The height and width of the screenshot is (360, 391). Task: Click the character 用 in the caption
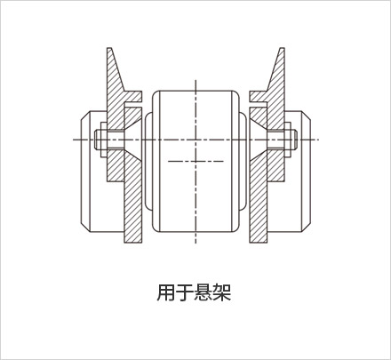(x=166, y=292)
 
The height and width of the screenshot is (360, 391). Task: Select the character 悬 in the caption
(x=203, y=292)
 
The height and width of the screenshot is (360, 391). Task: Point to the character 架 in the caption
(x=222, y=292)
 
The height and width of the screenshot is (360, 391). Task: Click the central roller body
(x=195, y=161)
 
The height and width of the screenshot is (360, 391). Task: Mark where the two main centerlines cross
(x=195, y=140)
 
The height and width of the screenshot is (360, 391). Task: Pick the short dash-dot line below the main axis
(x=195, y=161)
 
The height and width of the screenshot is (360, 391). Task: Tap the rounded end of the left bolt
(x=96, y=140)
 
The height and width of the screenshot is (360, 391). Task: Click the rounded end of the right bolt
(x=295, y=140)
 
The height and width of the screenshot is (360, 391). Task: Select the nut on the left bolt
(x=104, y=140)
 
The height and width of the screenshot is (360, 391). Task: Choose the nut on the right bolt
(x=288, y=140)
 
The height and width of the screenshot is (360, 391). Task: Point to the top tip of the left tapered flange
(x=109, y=48)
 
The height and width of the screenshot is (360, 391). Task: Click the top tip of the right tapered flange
(x=282, y=48)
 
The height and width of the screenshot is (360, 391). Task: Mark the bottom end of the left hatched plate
(x=133, y=243)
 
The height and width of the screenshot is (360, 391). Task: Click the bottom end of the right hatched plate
(x=259, y=243)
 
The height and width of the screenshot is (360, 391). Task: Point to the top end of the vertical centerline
(x=195, y=80)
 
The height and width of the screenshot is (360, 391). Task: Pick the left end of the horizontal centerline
(x=74, y=140)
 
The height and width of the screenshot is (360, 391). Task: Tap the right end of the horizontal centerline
(x=319, y=140)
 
